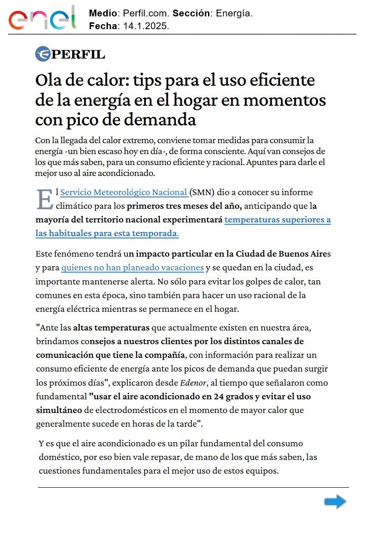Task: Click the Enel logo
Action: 42,19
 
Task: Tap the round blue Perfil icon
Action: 42,54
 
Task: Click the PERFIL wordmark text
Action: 78,55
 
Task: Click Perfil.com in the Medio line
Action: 145,14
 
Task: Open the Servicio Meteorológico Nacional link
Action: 124,192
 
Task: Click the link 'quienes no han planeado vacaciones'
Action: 132,268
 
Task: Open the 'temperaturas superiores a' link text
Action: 277,220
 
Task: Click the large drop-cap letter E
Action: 44,199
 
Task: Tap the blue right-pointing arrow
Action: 335,502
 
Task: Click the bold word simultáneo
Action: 59,410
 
